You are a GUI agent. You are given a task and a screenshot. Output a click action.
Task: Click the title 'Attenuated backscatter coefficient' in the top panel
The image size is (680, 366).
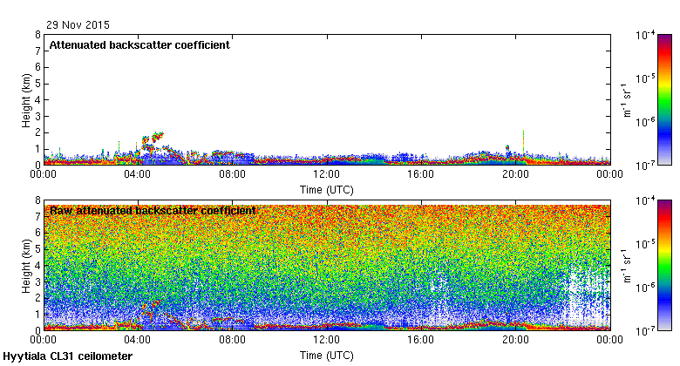click(139, 45)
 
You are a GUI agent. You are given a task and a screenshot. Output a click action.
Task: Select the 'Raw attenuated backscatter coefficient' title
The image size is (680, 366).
click(153, 211)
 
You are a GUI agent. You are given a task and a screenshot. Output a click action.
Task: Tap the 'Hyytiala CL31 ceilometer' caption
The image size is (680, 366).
click(68, 356)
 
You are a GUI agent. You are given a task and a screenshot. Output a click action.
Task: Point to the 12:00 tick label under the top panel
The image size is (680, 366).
click(326, 174)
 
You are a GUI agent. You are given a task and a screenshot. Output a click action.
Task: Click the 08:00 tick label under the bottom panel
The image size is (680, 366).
click(232, 340)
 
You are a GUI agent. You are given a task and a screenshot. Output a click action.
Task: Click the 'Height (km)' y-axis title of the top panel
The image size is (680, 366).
click(27, 99)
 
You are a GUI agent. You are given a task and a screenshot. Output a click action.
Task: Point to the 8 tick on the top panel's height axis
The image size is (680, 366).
click(37, 35)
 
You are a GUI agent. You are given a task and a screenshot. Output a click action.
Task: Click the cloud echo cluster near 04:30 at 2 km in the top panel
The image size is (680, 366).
click(153, 141)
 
